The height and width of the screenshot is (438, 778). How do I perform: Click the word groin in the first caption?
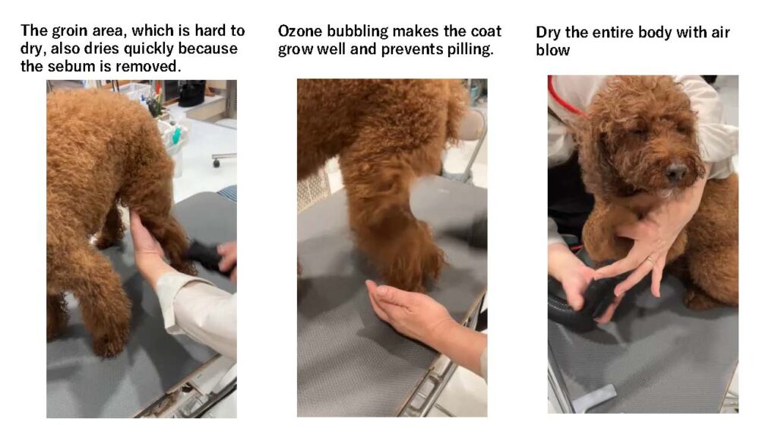coord(68,30)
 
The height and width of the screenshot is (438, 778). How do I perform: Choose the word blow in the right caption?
coord(553,50)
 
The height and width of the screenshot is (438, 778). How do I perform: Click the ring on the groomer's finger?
coord(651,259)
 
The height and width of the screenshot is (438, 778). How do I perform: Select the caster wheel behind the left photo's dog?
coord(217,162)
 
